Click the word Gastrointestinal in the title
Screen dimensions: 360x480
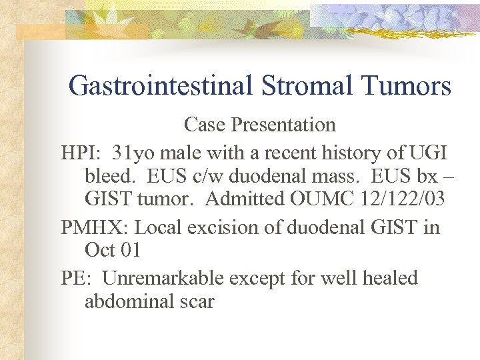[160, 86]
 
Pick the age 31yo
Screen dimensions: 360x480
[132, 153]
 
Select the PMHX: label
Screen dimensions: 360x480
[95, 227]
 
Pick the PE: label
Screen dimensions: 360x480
[77, 278]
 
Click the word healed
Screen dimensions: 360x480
[388, 278]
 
